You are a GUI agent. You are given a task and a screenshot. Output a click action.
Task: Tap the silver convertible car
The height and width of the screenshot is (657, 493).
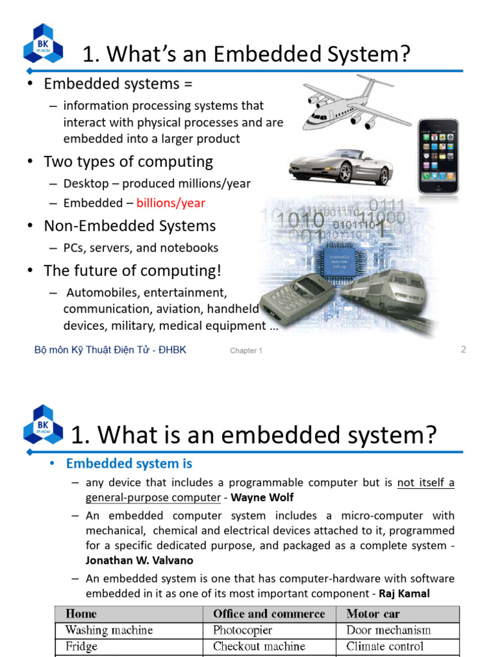tap(340, 166)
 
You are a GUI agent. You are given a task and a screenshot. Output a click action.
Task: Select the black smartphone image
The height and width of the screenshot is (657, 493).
tap(438, 156)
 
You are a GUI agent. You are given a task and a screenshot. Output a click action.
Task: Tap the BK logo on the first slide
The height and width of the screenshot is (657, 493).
tap(43, 44)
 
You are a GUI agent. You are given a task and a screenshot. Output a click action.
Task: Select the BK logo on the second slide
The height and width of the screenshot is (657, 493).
tap(43, 425)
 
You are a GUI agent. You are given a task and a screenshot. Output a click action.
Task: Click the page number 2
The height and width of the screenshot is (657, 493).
tap(463, 349)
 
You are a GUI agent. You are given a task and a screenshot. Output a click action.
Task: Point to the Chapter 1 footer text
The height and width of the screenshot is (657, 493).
tap(246, 351)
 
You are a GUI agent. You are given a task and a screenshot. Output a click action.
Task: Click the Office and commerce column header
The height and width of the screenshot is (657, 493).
tap(269, 614)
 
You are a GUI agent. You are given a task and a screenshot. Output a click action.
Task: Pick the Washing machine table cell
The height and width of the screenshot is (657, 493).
tap(108, 630)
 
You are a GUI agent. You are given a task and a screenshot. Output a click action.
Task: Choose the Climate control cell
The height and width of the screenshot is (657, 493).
tap(385, 646)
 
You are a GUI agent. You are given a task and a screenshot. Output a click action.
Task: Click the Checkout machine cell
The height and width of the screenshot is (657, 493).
tap(259, 646)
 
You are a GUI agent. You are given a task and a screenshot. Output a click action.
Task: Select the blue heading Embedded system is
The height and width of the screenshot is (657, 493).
tap(129, 463)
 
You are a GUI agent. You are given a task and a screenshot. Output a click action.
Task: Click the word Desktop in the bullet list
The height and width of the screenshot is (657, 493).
tap(86, 183)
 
